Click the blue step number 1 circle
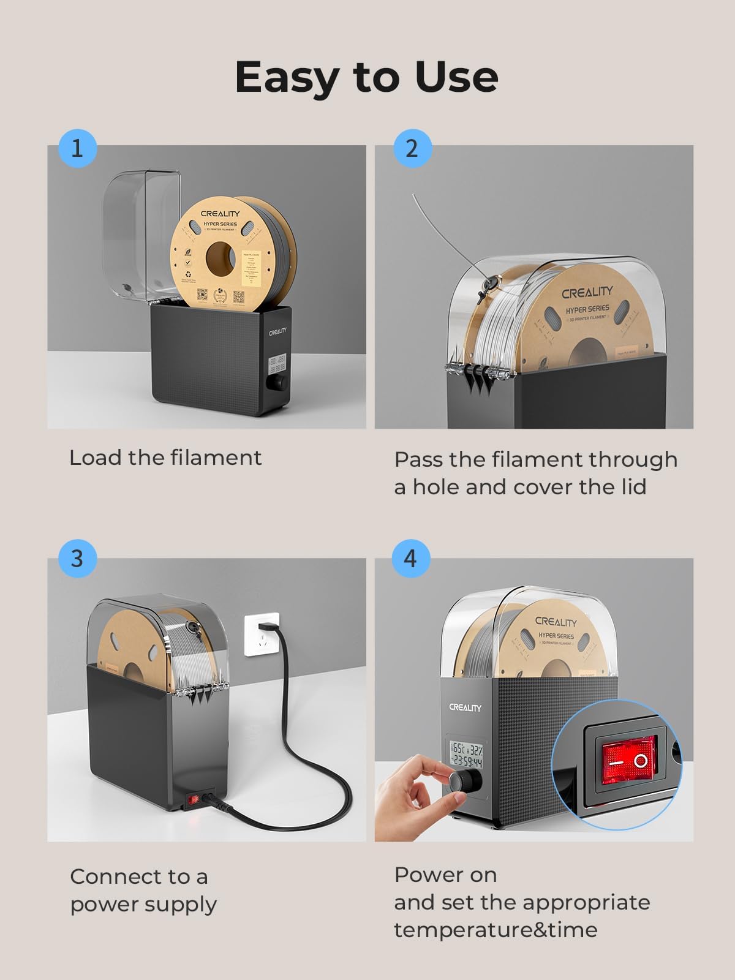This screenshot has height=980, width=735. [x=77, y=148]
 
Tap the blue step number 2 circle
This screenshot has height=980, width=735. [x=412, y=148]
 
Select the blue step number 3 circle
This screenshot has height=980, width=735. [x=77, y=559]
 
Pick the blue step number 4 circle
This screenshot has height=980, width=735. [x=410, y=559]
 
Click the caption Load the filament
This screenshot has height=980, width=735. [x=165, y=458]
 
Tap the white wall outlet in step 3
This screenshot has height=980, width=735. [x=262, y=634]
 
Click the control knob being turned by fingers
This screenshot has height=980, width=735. [x=462, y=782]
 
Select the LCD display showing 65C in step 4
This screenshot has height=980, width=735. [x=466, y=755]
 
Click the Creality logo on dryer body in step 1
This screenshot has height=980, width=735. [x=277, y=332]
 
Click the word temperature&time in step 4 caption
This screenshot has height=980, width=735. [x=496, y=930]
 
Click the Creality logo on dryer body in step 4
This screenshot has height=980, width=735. [x=465, y=707]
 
